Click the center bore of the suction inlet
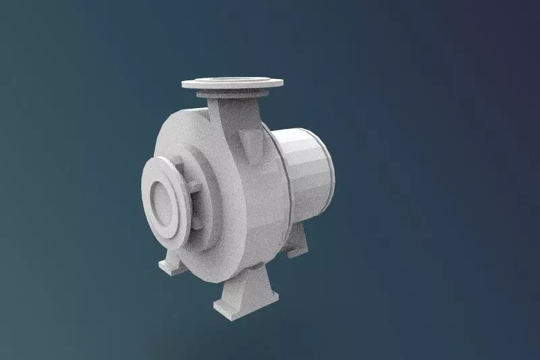pyautogui.click(x=162, y=200)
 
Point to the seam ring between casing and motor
pyautogui.click(x=284, y=182)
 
